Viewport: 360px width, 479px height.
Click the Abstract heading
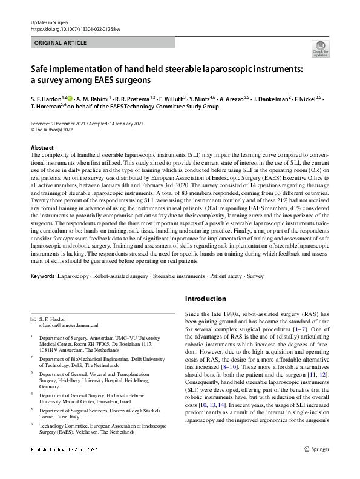42,148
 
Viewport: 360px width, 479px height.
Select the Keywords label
42,276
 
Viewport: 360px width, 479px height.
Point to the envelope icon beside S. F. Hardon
33,319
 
